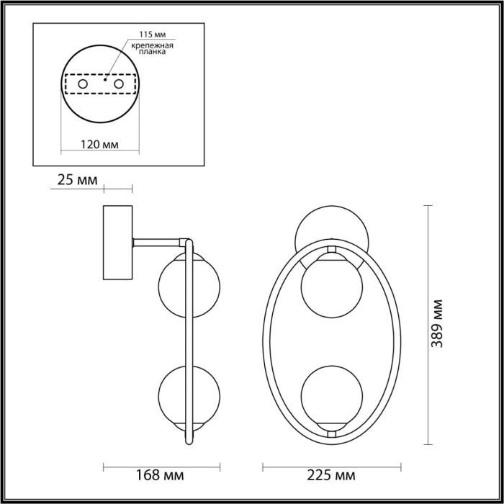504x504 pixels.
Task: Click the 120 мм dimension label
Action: pos(100,144)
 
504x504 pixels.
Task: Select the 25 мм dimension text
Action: pos(76,180)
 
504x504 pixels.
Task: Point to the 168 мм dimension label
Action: pos(158,476)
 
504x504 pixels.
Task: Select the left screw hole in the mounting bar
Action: pos(83,85)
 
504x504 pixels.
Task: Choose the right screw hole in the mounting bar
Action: pos(118,85)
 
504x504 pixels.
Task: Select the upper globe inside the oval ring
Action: pos(331,285)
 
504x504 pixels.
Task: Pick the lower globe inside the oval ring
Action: pos(331,397)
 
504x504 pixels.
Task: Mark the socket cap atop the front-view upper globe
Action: pos(331,250)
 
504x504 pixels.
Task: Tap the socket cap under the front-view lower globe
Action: pos(331,432)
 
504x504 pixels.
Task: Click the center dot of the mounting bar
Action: pos(106,81)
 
